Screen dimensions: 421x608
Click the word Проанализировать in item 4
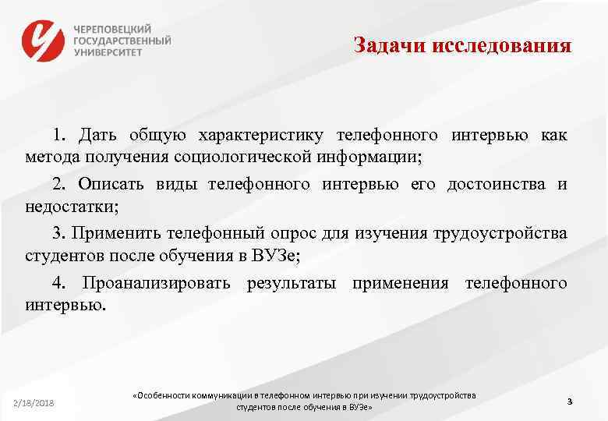pyautogui.click(x=157, y=282)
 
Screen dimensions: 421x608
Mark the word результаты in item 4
pyautogui.click(x=292, y=282)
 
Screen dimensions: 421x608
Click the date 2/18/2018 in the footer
pyautogui.click(x=34, y=402)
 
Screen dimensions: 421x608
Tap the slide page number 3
pyautogui.click(x=570, y=401)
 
